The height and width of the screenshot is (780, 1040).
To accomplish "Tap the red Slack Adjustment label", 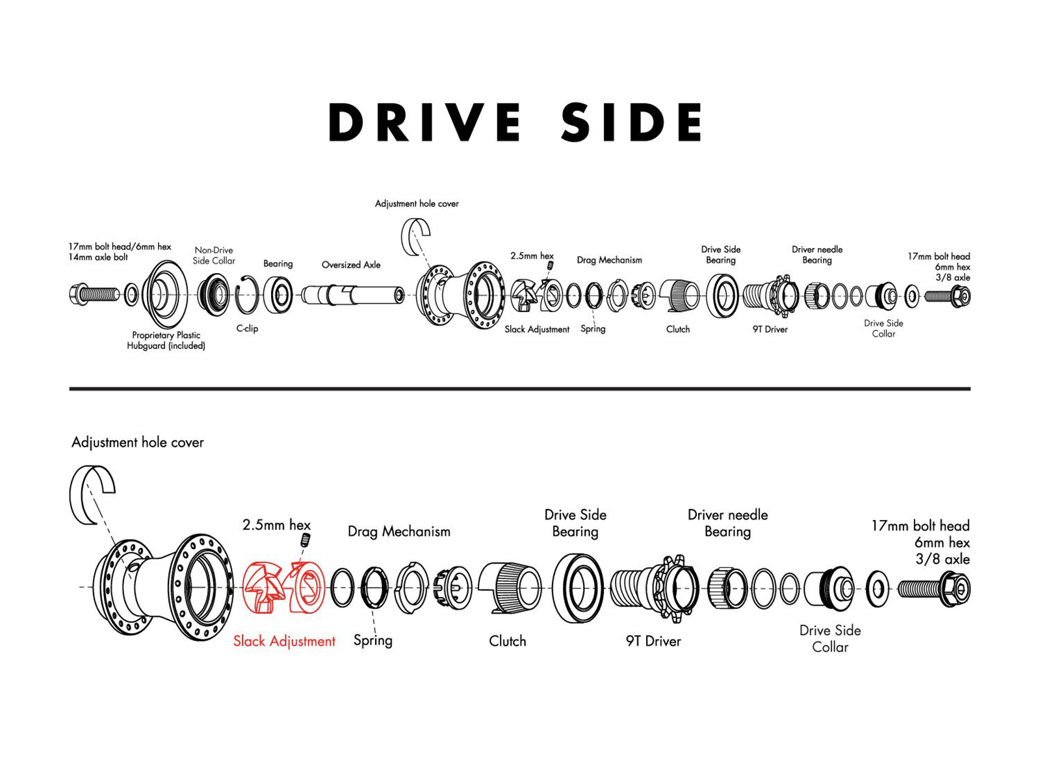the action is click(284, 641).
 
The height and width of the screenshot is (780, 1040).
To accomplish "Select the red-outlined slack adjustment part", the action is click(283, 587).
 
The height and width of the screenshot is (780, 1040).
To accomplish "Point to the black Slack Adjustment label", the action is click(537, 330).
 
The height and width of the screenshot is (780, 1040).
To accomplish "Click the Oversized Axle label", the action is click(351, 265).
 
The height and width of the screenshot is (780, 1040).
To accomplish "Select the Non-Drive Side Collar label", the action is click(214, 255).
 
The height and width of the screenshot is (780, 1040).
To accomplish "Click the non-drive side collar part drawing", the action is click(214, 295).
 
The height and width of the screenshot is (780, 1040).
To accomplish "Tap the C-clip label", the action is click(247, 329).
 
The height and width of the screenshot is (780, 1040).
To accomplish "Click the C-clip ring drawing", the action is click(247, 295).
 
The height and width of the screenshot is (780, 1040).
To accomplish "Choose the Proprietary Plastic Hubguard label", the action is click(166, 341).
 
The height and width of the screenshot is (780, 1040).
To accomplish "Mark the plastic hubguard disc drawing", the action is click(164, 295).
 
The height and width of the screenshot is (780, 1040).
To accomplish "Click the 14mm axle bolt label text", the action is click(98, 257).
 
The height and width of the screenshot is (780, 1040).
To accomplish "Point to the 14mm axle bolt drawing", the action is click(94, 295).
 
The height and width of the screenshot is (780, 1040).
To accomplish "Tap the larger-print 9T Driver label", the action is click(653, 642).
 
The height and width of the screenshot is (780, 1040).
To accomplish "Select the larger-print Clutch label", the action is click(508, 642).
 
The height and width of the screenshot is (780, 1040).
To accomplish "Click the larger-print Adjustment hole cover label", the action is click(137, 443).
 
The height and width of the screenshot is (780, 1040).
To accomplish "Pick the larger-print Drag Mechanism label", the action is click(399, 532).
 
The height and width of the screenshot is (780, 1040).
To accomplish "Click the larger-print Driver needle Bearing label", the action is click(727, 523).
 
